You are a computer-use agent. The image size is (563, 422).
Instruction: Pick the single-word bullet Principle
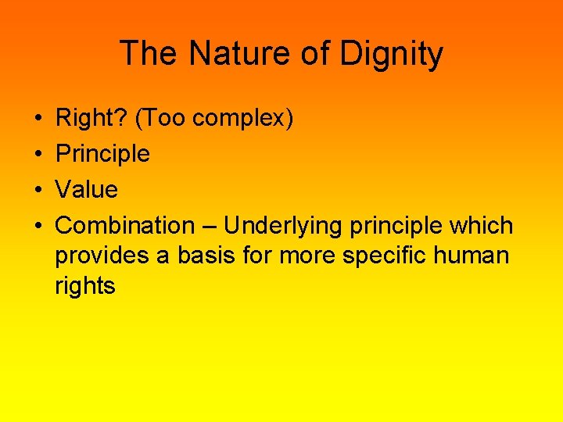tap(102, 154)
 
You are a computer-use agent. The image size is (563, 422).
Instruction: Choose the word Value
tap(87, 190)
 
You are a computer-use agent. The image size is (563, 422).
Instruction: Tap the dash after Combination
tap(209, 227)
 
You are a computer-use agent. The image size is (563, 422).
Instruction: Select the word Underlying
tap(283, 226)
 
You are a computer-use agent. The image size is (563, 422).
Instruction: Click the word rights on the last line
tap(85, 286)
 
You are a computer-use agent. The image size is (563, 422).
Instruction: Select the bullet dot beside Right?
tap(38, 119)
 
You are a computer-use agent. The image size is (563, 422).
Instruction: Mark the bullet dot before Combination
tap(38, 227)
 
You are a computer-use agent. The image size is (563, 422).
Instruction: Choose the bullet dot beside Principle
tap(38, 155)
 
